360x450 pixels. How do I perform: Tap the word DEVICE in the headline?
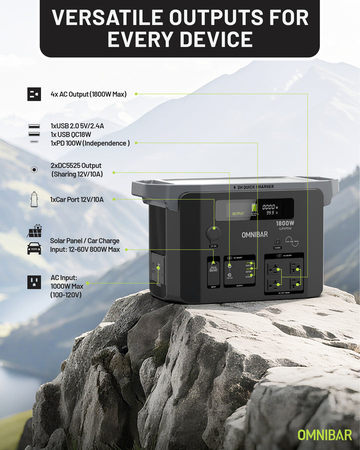(216, 39)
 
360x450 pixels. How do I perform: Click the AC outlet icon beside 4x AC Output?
(34, 94)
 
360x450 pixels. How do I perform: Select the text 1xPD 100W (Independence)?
(90, 143)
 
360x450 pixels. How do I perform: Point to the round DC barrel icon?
(34, 169)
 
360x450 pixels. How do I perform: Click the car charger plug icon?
(34, 199)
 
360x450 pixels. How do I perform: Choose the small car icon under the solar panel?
(34, 248)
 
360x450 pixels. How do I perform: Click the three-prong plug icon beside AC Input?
(34, 282)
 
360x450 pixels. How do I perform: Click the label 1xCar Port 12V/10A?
(77, 199)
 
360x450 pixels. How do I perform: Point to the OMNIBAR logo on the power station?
(254, 234)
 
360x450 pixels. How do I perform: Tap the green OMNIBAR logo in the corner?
(324, 434)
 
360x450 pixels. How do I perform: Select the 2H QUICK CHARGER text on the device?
(256, 187)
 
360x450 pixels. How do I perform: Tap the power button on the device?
(277, 241)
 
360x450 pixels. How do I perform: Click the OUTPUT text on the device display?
(238, 213)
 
